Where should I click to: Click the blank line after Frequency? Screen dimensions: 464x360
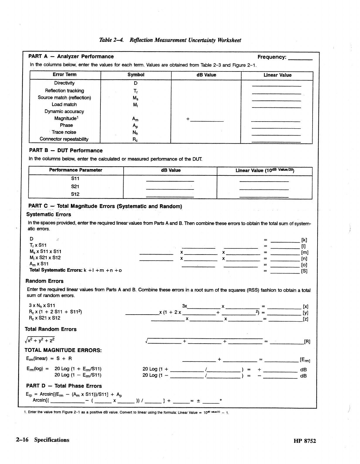click(301, 58)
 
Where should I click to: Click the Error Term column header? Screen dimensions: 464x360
click(65, 75)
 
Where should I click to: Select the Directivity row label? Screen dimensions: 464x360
click(64, 83)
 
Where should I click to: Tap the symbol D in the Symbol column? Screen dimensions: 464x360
click(136, 83)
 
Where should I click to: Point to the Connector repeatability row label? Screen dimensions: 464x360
click(64, 139)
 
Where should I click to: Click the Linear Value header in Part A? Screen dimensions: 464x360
click(277, 75)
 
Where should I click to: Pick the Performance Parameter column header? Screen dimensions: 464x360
click(76, 170)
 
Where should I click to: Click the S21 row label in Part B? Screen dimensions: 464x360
click(75, 186)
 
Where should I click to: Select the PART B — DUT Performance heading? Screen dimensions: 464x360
click(66, 151)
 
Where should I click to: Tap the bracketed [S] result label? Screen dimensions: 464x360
click(304, 271)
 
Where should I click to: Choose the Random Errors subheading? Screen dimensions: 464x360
click(45, 281)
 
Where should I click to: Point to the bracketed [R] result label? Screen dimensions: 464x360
click(307, 342)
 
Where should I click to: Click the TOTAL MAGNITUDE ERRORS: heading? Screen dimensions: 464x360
click(63, 350)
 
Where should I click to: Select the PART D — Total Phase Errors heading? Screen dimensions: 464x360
click(64, 386)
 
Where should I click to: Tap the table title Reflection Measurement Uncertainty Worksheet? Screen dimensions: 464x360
click(170, 40)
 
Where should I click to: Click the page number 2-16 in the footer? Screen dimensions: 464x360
click(22, 440)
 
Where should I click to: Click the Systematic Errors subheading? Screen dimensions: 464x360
click(49, 214)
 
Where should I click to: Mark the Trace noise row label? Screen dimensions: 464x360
click(64, 132)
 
